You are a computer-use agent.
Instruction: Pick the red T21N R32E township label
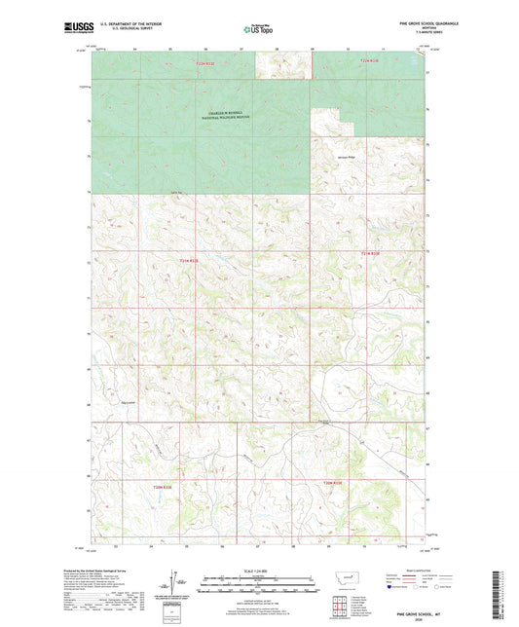tap(190, 261)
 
